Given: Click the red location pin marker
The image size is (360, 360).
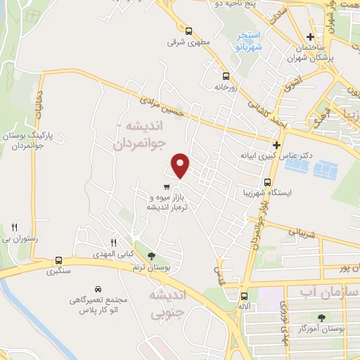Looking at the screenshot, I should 181,165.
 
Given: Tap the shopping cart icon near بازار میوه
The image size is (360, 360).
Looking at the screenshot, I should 166,187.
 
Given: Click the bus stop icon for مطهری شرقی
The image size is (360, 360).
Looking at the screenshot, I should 188,31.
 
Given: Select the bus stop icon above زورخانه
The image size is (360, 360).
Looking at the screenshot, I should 225,77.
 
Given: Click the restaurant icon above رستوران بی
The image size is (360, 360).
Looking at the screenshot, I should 14,227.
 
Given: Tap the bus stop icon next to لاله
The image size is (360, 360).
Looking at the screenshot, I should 244,296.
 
